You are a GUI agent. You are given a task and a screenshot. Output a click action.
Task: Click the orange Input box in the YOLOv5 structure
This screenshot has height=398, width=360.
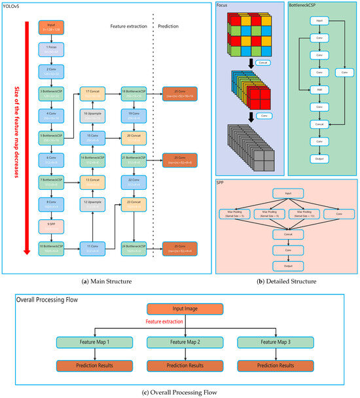50,28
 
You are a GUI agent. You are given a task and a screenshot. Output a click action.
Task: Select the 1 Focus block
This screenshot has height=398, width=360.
50,47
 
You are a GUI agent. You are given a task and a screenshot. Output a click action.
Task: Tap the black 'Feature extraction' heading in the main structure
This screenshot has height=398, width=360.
128,27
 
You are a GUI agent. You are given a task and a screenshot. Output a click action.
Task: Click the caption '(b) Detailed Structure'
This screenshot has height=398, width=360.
288,281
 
